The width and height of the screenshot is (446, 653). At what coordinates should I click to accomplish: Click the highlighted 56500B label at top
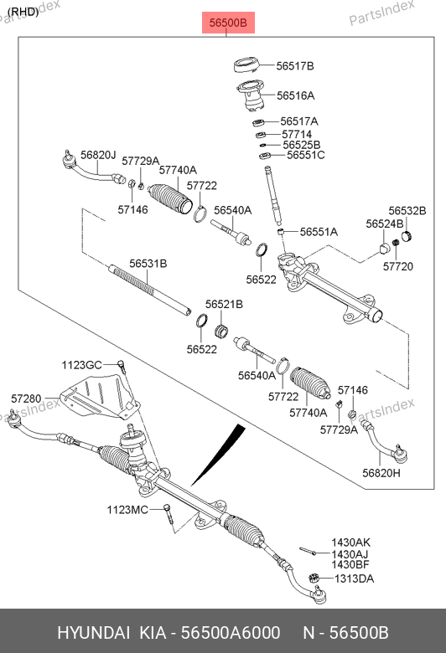[x=228, y=23]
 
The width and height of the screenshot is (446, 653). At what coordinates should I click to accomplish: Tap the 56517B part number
[x=295, y=66]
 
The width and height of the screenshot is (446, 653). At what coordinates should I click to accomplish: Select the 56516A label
[x=296, y=95]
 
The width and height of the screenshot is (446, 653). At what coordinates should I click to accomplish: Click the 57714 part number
[x=297, y=134]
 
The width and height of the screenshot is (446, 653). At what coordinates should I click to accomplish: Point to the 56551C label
[x=306, y=155]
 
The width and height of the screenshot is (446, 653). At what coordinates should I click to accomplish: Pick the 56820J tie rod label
[x=98, y=155]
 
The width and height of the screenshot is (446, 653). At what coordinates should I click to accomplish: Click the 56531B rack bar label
[x=148, y=263]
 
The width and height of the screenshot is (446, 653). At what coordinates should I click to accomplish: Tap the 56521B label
[x=224, y=304]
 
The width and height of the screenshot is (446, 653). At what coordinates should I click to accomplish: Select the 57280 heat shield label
[x=26, y=398]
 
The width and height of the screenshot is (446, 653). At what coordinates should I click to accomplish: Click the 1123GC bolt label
[x=82, y=365]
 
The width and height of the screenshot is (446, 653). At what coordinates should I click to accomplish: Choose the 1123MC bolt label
[x=127, y=510]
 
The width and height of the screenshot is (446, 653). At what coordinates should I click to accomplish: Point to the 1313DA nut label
[x=355, y=578]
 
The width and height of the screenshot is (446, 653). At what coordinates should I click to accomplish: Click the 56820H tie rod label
[x=381, y=473]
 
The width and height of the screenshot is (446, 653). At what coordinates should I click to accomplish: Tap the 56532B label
[x=407, y=211]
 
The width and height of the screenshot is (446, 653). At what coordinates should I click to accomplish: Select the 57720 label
[x=398, y=266]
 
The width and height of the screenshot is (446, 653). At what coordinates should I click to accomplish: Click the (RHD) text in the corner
[x=23, y=12]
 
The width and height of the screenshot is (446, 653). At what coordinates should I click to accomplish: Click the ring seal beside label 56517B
[x=246, y=67]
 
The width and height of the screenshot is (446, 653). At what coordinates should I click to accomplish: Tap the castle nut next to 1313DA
[x=314, y=578]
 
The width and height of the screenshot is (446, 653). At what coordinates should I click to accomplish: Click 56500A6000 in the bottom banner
[x=231, y=633]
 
